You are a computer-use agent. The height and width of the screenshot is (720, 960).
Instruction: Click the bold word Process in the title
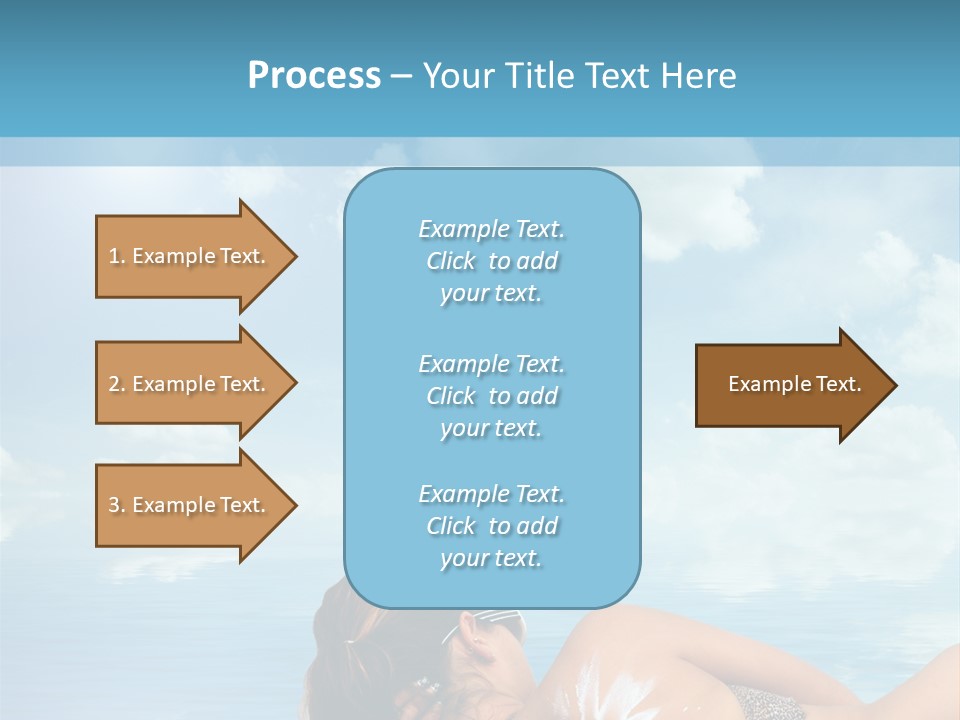(x=314, y=76)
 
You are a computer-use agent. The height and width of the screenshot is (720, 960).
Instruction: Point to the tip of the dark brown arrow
(x=893, y=385)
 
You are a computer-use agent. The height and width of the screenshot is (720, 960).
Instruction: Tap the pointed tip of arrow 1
(x=293, y=256)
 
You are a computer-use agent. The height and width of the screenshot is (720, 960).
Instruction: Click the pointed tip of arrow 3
(x=293, y=505)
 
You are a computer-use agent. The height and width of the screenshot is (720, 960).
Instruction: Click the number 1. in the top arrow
(x=117, y=256)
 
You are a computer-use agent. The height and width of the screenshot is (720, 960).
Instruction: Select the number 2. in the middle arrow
(x=117, y=384)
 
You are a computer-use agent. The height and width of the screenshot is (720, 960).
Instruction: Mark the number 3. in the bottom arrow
(x=117, y=505)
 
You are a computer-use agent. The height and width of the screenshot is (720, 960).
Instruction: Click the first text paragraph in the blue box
(x=491, y=261)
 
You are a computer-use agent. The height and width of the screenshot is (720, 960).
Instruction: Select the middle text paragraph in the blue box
(x=491, y=396)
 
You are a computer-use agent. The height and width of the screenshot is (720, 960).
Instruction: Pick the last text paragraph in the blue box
(x=491, y=526)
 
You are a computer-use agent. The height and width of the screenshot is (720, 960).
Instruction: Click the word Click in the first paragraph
(x=451, y=261)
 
